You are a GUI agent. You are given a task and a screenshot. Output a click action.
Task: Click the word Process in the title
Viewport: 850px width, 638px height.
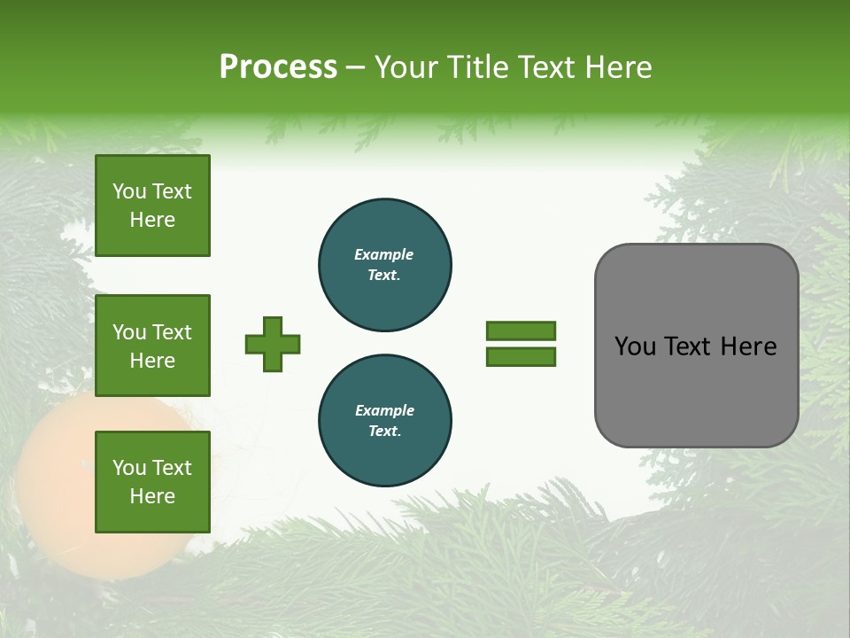point(278,67)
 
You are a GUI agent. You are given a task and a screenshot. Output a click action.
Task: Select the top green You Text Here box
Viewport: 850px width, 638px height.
point(152,206)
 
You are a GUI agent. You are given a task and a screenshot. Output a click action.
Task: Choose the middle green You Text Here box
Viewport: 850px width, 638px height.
point(152,346)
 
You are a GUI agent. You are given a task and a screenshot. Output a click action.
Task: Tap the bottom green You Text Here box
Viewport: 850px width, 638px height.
point(152,482)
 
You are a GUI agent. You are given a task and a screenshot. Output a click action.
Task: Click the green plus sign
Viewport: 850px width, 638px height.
point(273,344)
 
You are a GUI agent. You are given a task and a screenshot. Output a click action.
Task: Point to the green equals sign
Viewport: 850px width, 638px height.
point(521,344)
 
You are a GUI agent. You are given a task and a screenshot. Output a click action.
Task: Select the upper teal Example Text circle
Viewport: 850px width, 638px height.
point(385,265)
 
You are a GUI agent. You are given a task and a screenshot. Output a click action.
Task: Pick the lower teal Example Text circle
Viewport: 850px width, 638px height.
point(385,421)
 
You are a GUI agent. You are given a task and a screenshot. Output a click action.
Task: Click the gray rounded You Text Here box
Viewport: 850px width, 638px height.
point(696,346)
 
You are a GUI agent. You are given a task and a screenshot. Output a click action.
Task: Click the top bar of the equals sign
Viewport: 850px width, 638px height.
point(521,331)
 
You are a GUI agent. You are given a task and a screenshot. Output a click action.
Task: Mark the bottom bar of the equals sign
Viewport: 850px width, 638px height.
point(521,357)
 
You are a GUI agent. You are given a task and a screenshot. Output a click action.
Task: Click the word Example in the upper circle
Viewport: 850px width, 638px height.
point(384,254)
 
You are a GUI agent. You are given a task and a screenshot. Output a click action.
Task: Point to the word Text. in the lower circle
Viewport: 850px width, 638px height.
point(384,432)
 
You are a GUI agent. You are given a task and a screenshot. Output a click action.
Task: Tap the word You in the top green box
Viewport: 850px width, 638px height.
point(129,191)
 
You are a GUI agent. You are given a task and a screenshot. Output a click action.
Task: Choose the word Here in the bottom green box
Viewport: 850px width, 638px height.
point(152,496)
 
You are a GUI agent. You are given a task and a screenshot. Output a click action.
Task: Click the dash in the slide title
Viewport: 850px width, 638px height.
point(356,68)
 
